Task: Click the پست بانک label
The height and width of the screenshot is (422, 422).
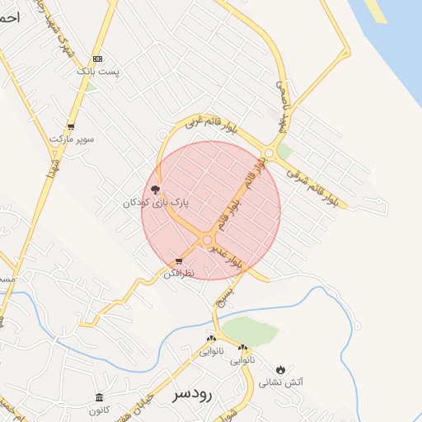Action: (98, 73)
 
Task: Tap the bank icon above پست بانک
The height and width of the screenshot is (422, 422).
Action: (98, 59)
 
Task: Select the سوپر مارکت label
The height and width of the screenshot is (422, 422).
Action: (72, 139)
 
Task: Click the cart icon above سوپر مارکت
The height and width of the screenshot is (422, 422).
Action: (72, 127)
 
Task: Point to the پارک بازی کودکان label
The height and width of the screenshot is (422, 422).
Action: (157, 202)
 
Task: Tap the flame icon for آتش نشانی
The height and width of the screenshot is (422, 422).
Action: (282, 369)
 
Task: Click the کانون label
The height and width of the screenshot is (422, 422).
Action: (99, 410)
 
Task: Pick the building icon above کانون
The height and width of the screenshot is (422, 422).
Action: (99, 398)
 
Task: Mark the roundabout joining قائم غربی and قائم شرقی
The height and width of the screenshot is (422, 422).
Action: (270, 152)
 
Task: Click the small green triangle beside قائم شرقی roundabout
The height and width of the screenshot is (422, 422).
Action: (285, 152)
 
